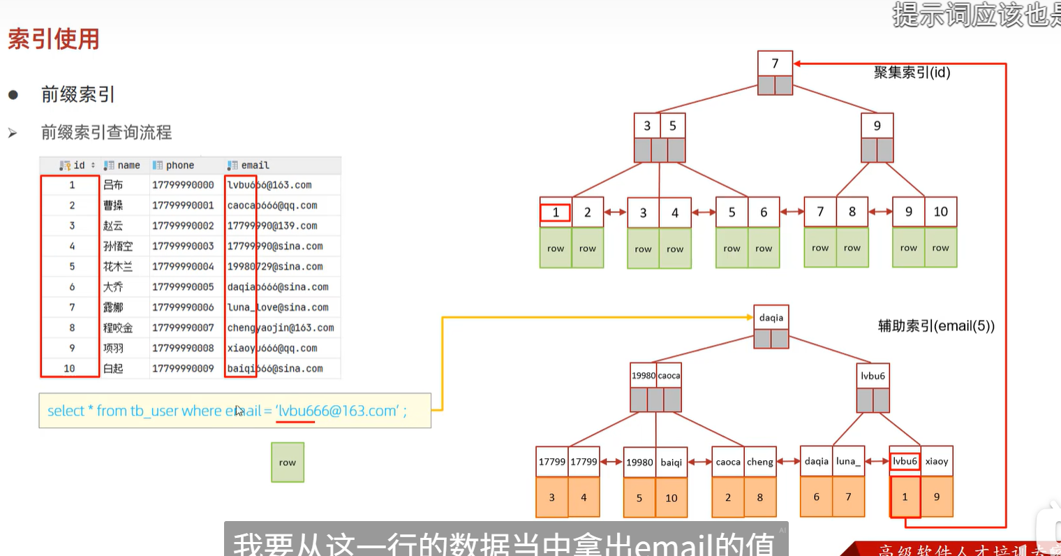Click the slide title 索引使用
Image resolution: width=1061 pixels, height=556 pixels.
coord(54,39)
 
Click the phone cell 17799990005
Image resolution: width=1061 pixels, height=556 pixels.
coord(183,287)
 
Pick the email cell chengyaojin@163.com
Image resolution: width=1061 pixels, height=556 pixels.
coord(280,328)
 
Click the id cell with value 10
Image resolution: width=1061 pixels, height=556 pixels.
coord(69,369)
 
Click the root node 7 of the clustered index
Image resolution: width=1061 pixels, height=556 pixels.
coord(775,64)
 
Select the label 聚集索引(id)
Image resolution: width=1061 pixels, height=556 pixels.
coord(912,73)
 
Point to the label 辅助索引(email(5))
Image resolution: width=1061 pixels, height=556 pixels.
coord(935,326)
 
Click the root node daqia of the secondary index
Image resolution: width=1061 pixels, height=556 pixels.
coord(771,318)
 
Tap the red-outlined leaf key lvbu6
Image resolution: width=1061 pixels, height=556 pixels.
coord(905,461)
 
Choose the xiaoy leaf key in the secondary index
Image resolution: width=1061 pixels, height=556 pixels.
coord(937,462)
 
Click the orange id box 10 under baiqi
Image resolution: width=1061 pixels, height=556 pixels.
coord(671,498)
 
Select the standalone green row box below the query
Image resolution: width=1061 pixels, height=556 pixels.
coord(288,462)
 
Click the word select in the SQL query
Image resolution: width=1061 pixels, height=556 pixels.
coord(66,411)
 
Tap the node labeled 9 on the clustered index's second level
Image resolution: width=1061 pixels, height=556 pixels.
coord(877,126)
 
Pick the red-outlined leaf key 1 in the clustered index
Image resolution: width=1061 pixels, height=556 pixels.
coord(556,212)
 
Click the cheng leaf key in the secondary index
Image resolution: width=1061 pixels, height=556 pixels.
coord(759,462)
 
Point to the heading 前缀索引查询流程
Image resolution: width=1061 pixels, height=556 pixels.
coord(106,133)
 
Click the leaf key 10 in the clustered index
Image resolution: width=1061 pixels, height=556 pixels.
coord(940,212)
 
